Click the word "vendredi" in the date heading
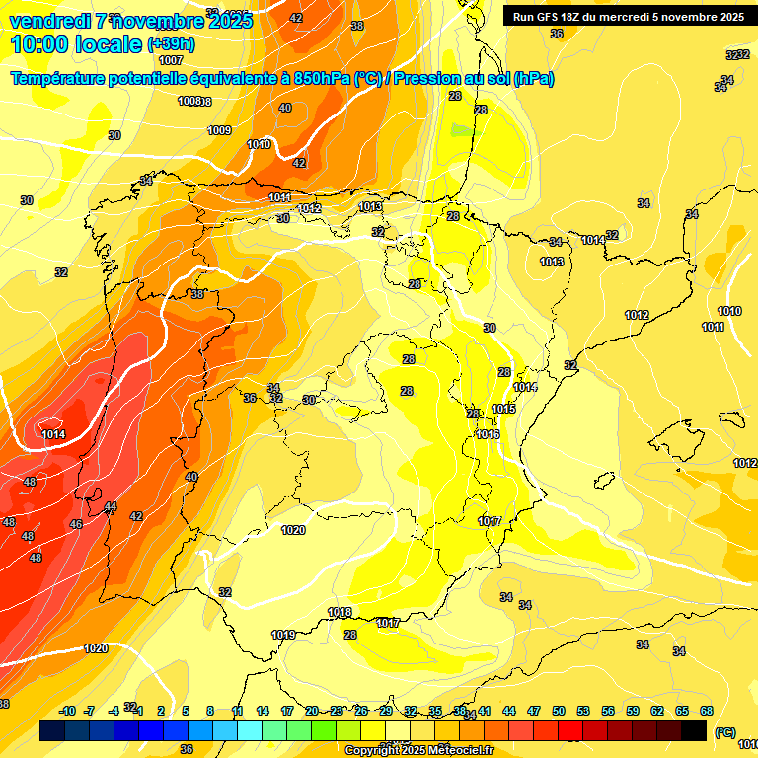click(x=50, y=20)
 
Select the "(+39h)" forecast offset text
click(x=171, y=44)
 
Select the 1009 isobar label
click(x=219, y=130)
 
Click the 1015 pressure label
click(x=503, y=409)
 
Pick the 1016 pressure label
click(x=488, y=434)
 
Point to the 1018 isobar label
click(x=340, y=612)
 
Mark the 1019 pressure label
click(x=283, y=635)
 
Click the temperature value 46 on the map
click(x=76, y=524)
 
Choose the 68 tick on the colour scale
click(x=707, y=711)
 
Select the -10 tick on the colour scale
click(x=67, y=711)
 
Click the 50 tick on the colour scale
click(x=559, y=711)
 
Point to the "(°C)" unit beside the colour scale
click(x=725, y=732)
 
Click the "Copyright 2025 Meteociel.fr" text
click(x=418, y=750)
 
